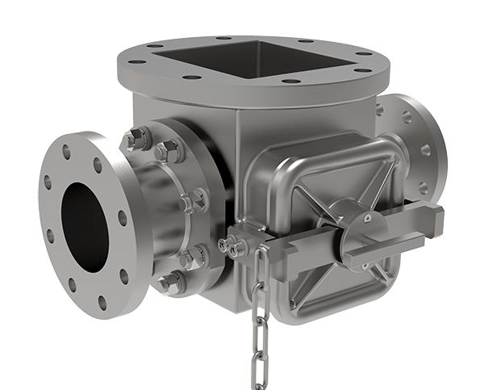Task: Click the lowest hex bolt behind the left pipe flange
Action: coord(171,282)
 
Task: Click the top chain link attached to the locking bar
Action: coord(261,254)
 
